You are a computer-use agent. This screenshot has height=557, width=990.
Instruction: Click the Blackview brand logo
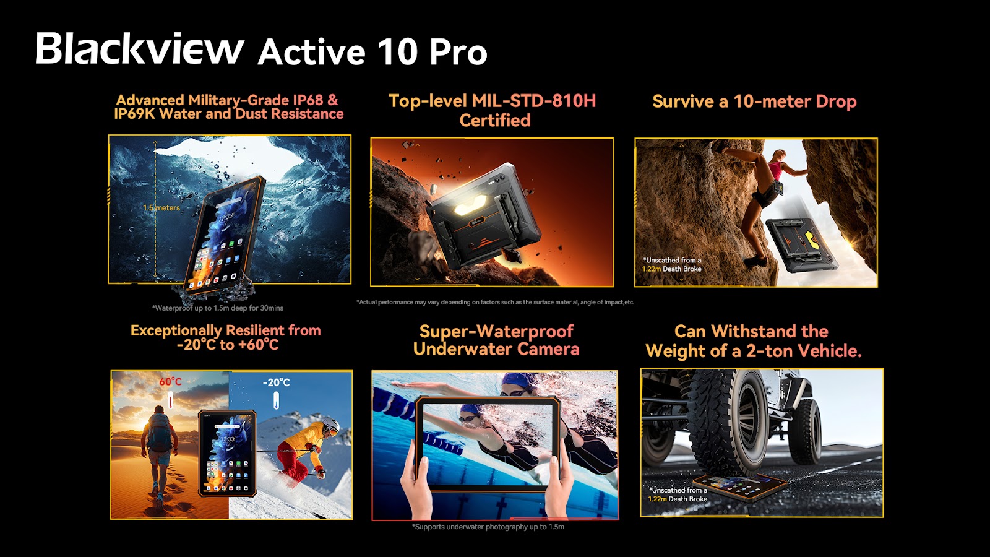[x=139, y=48]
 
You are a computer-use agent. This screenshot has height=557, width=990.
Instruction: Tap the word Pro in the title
[x=458, y=52]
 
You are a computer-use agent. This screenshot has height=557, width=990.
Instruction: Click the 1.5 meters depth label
[x=161, y=208]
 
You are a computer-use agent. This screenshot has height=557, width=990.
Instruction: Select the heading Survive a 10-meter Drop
[x=754, y=101]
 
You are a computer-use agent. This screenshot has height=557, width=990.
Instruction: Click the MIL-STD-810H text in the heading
[x=534, y=101]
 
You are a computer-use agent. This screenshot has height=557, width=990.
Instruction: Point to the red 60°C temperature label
[x=171, y=381]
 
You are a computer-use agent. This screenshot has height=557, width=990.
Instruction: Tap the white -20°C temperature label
[x=276, y=382]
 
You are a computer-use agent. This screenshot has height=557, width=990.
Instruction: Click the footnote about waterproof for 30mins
[x=217, y=308]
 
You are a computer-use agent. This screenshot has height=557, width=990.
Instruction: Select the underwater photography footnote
[x=488, y=527]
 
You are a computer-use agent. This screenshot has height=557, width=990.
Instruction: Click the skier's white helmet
[x=331, y=426]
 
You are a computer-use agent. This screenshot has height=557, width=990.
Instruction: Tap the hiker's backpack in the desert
[x=159, y=433]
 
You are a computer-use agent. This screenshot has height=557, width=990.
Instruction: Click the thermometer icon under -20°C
[x=276, y=400]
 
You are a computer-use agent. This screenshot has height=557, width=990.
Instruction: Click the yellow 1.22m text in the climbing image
[x=652, y=269]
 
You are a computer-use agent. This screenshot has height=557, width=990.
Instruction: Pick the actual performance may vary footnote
[x=496, y=303]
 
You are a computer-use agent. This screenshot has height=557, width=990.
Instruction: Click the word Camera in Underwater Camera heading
[x=548, y=349]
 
